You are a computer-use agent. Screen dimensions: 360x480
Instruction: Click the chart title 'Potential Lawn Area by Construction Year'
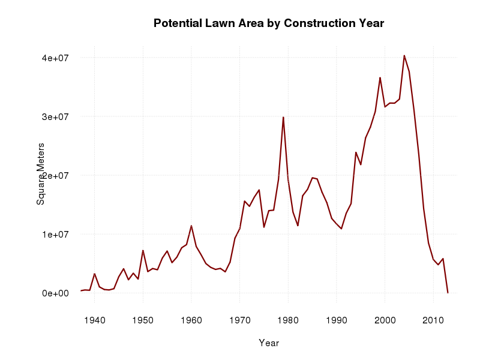[x=268, y=23]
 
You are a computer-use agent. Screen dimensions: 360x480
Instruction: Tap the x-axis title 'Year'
[x=268, y=343]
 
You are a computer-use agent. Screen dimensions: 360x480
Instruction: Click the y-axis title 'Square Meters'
[x=41, y=174]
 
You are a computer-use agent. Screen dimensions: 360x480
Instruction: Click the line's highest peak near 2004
[x=404, y=56]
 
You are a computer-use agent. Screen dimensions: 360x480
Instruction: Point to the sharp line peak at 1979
[x=283, y=118]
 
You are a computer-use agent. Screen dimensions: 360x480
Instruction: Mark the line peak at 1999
[x=380, y=77]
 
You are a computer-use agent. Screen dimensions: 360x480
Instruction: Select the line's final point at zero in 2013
[x=448, y=292]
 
